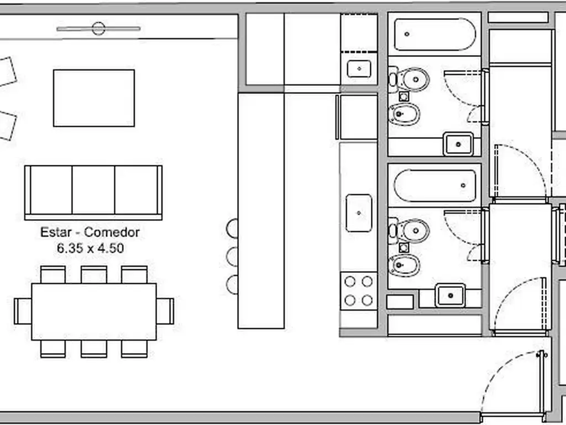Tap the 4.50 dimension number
pyautogui.click(x=111, y=248)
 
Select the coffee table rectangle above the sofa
pyautogui.click(x=94, y=98)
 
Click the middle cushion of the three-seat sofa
pyautogui.click(x=93, y=190)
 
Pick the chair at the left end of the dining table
pyautogui.click(x=23, y=311)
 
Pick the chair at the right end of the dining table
pyautogui.click(x=165, y=311)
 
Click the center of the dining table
pyautogui.click(x=94, y=312)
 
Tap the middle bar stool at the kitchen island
pyautogui.click(x=233, y=257)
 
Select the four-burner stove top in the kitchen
pyautogui.click(x=358, y=291)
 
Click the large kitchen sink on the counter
pyautogui.click(x=359, y=213)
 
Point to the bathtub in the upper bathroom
pyautogui.click(x=435, y=34)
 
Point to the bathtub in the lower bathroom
pyautogui.click(x=435, y=185)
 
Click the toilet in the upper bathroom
pyautogui.click(x=409, y=79)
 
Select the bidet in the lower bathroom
pyautogui.click(x=404, y=266)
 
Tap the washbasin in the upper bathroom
pyautogui.click(x=458, y=144)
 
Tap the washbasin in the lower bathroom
pyautogui.click(x=450, y=296)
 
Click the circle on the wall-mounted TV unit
pyautogui.click(x=98, y=29)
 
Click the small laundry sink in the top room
pyautogui.click(x=359, y=69)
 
